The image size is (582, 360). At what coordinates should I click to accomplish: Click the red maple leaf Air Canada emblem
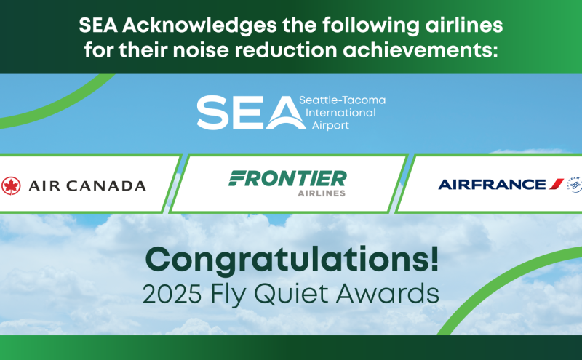(x=11, y=185)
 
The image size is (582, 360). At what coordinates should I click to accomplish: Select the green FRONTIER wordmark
(x=287, y=178)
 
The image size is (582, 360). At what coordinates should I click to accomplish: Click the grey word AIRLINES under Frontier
(x=322, y=193)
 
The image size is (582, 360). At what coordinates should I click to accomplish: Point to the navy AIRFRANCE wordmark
(x=493, y=184)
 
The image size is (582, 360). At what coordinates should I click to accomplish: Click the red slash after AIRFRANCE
(x=557, y=184)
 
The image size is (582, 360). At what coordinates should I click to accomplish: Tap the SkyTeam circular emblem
(x=575, y=185)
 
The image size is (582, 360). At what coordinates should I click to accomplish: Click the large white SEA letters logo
(x=251, y=113)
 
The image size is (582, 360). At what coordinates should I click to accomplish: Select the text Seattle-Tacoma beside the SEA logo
(x=342, y=100)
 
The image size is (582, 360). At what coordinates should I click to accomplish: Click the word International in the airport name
(x=340, y=113)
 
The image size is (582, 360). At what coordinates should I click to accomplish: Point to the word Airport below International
(x=330, y=125)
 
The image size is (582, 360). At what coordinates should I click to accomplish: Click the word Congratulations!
(x=292, y=260)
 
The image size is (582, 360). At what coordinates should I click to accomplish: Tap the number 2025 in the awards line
(x=172, y=294)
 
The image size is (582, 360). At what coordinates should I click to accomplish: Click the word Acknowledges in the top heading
(x=199, y=26)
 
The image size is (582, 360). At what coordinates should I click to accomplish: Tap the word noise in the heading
(x=201, y=50)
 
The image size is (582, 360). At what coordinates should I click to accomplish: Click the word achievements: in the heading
(x=420, y=50)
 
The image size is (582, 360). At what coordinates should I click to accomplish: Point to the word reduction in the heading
(x=285, y=50)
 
